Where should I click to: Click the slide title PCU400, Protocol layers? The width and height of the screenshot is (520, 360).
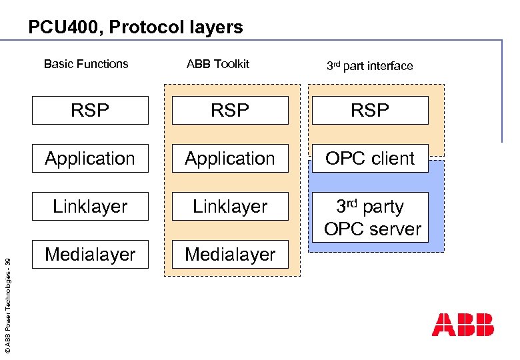pyautogui.click(x=135, y=27)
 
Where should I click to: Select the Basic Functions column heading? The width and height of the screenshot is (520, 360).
pyautogui.click(x=86, y=64)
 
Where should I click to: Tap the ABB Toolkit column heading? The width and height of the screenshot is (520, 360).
pyautogui.click(x=218, y=64)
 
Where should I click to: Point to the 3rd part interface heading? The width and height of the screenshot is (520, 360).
pyautogui.click(x=369, y=65)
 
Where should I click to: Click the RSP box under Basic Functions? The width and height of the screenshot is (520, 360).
pyautogui.click(x=90, y=111)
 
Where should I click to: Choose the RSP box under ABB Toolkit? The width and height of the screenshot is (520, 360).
pyautogui.click(x=230, y=111)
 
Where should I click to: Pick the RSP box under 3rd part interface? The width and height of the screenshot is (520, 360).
pyautogui.click(x=370, y=111)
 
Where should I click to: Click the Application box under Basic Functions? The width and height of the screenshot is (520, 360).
pyautogui.click(x=90, y=159)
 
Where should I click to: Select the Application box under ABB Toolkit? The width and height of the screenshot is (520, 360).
pyautogui.click(x=230, y=159)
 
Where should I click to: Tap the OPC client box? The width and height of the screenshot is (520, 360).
pyautogui.click(x=370, y=159)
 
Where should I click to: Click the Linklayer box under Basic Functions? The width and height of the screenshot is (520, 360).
pyautogui.click(x=90, y=207)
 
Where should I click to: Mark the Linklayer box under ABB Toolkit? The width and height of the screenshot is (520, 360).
pyautogui.click(x=230, y=207)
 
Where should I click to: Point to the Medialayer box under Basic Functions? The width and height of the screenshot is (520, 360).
pyautogui.click(x=90, y=255)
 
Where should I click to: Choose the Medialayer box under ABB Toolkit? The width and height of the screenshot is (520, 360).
pyautogui.click(x=230, y=255)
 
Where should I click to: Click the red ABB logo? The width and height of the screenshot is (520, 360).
pyautogui.click(x=463, y=324)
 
